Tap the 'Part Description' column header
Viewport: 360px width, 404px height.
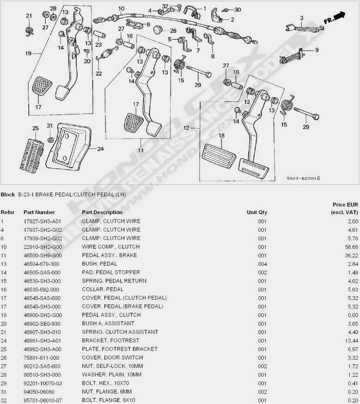click(x=102, y=212)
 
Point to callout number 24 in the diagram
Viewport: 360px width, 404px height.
click(x=100, y=149)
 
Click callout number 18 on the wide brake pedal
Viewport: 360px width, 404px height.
click(x=221, y=136)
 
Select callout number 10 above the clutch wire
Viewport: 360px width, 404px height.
click(x=121, y=9)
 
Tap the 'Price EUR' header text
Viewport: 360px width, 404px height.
click(x=345, y=204)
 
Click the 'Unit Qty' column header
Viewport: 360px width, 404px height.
click(x=257, y=212)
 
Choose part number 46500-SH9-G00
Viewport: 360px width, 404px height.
click(x=42, y=255)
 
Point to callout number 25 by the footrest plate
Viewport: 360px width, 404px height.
click(x=35, y=128)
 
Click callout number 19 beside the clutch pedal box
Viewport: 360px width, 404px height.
click(x=28, y=54)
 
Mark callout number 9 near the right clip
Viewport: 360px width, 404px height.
click(x=317, y=50)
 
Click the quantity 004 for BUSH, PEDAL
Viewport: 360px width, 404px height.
click(x=262, y=264)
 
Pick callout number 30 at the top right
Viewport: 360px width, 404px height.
click(x=237, y=9)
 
